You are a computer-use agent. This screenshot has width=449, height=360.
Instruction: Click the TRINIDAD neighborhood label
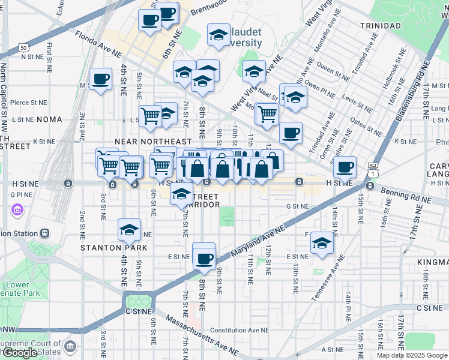pos(381,25)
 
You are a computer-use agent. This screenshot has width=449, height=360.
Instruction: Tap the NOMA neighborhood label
pos(49,119)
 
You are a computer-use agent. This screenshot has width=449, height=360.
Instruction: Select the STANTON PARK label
pos(107,247)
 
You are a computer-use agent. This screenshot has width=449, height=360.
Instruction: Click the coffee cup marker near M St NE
pos(101,79)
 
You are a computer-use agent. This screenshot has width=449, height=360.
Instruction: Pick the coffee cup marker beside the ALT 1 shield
pos(345,166)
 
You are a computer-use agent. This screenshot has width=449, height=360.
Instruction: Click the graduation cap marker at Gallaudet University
pos(218,35)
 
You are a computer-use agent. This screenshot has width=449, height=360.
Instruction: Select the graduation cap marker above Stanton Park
pos(128,229)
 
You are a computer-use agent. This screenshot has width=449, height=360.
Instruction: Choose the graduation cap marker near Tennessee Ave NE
pos(322,242)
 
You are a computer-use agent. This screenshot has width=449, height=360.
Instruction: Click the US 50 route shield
pos(23,47)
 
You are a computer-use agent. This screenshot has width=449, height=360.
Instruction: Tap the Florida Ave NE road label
pos(98,44)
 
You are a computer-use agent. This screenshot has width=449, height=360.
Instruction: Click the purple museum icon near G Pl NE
pos(16,211)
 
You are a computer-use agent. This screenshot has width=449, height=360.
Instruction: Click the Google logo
pos(20,352)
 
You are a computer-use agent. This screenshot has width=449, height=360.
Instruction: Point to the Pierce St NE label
pos(28,103)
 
